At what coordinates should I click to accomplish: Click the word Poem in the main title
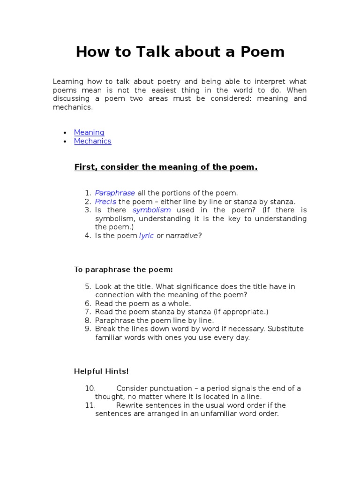pyautogui.click(x=262, y=52)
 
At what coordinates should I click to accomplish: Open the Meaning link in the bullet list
pyautogui.click(x=89, y=132)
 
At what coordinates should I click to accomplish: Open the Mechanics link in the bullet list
pyautogui.click(x=92, y=141)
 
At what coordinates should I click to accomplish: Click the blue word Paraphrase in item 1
pyautogui.click(x=115, y=193)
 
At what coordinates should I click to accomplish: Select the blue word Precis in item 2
pyautogui.click(x=105, y=202)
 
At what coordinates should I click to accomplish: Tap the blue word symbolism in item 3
pyautogui.click(x=151, y=210)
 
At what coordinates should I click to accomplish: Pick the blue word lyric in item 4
pyautogui.click(x=146, y=236)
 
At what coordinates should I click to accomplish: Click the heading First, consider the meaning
pyautogui.click(x=166, y=167)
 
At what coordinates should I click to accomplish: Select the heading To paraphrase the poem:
pyautogui.click(x=124, y=270)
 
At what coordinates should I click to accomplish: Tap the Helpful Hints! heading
pyautogui.click(x=101, y=371)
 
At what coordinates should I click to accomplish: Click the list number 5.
pyautogui.click(x=88, y=286)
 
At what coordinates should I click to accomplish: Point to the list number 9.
pyautogui.click(x=88, y=329)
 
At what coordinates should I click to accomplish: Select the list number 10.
pyautogui.click(x=90, y=388)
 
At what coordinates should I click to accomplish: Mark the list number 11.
pyautogui.click(x=90, y=405)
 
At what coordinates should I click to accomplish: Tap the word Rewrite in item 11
pyautogui.click(x=130, y=405)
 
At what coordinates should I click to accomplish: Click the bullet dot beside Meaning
pyautogui.click(x=65, y=133)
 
